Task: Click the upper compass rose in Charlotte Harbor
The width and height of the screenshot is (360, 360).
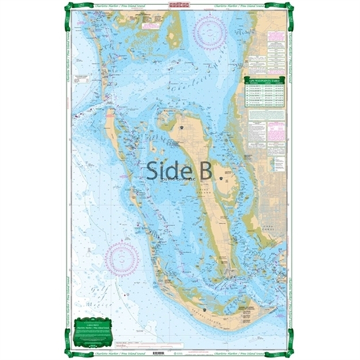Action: (x=210, y=33)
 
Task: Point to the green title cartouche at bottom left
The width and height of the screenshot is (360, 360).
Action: (x=93, y=331)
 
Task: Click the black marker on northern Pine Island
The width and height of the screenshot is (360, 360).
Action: (x=182, y=127)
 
